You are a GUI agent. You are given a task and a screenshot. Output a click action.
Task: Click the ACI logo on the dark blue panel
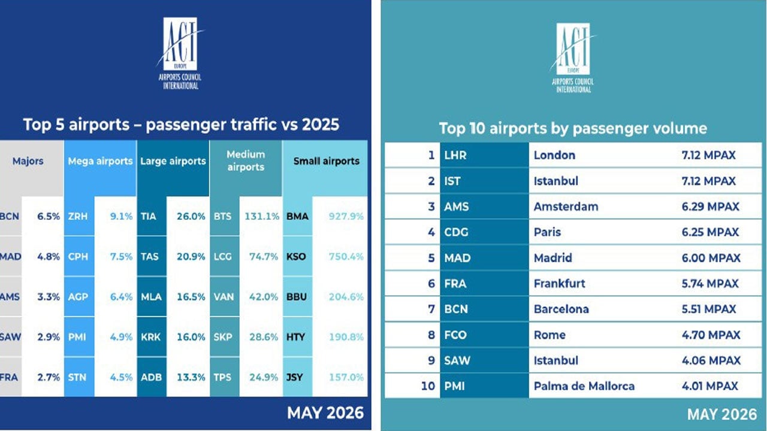(180, 53)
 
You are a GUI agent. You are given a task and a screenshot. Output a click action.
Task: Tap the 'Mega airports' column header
(100, 161)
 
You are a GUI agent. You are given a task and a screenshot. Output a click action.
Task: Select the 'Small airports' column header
(327, 161)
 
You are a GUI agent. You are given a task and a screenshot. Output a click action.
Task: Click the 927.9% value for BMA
(346, 216)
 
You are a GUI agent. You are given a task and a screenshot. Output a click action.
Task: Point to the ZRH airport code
(78, 216)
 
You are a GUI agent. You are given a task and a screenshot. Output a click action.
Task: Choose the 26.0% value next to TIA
(191, 216)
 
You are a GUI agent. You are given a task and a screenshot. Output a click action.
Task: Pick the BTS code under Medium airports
(222, 216)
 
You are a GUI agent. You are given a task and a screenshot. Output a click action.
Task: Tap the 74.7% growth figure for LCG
(263, 257)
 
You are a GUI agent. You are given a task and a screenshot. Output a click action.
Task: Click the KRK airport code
(150, 337)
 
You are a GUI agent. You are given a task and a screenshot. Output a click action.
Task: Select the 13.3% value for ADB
(191, 377)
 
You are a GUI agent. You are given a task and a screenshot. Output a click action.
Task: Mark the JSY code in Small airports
(294, 377)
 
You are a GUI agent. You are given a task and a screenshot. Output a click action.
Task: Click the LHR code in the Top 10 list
(455, 155)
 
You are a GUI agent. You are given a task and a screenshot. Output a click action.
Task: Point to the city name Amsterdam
(566, 207)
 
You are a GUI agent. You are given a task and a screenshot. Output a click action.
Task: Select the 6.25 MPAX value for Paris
(710, 232)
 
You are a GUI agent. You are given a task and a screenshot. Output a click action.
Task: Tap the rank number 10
(428, 386)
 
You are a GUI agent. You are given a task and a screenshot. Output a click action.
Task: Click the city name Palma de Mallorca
(584, 386)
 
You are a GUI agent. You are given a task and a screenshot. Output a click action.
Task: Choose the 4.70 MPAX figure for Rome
(711, 335)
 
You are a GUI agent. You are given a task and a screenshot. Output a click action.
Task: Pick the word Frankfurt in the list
(560, 284)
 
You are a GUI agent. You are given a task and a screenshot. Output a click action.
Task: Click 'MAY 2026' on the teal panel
(722, 415)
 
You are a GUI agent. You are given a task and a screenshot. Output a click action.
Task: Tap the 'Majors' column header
(28, 161)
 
